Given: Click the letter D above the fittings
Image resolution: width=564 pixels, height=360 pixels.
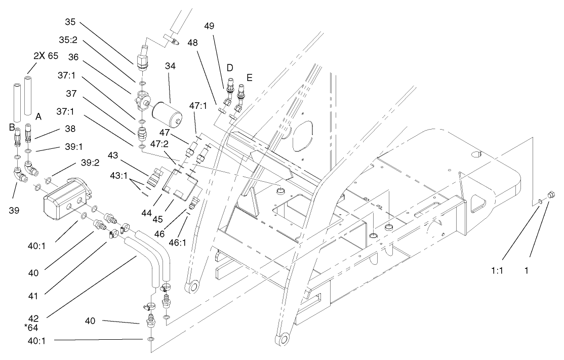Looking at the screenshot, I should click(229, 67).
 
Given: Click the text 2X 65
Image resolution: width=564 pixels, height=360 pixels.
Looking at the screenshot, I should click(46, 56).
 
